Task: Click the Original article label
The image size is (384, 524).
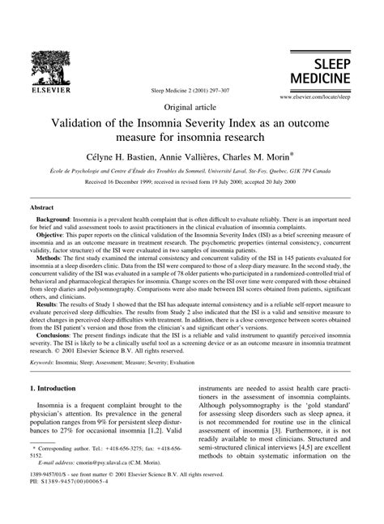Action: (191, 108)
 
